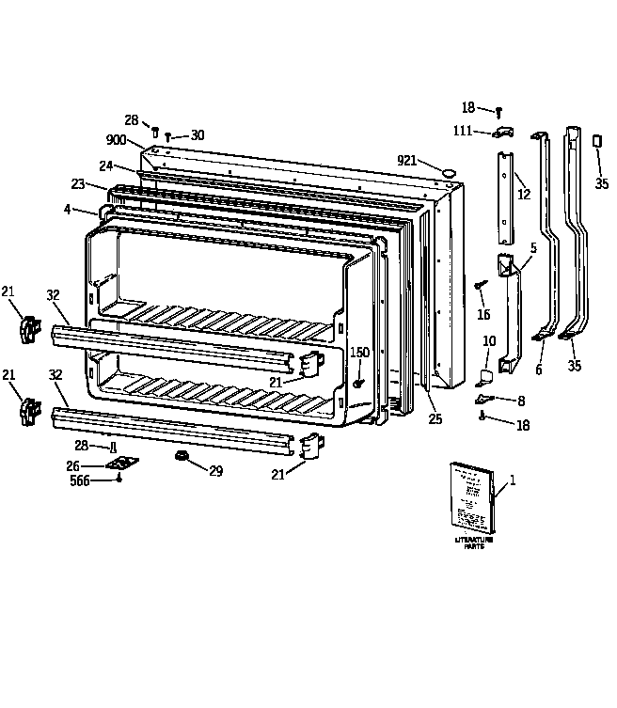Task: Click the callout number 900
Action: tap(116, 139)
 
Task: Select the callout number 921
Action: tap(406, 160)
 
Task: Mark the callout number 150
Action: tap(358, 352)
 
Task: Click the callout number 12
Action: tap(524, 195)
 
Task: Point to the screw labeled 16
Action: tap(481, 283)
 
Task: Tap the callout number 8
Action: tap(520, 400)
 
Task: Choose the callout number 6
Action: tap(539, 370)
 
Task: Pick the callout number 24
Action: tap(105, 166)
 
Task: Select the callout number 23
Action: tap(77, 184)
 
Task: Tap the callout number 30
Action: tap(197, 135)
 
